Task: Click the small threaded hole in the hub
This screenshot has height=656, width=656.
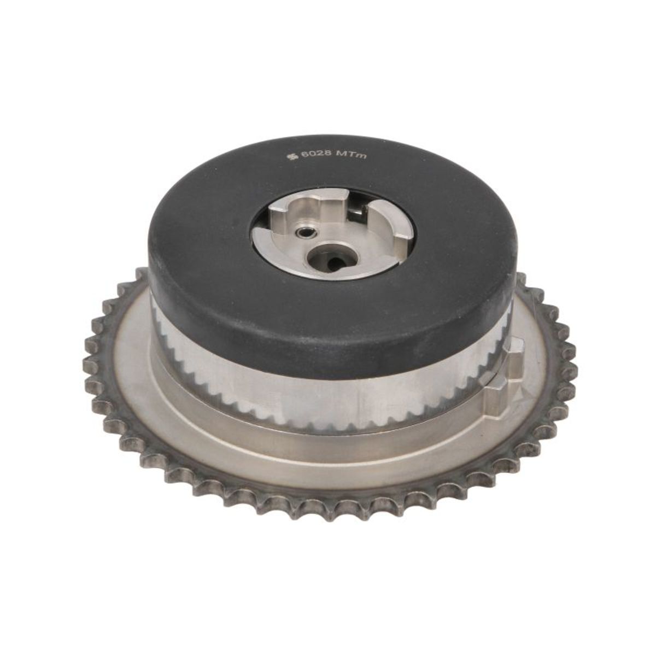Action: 302,233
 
